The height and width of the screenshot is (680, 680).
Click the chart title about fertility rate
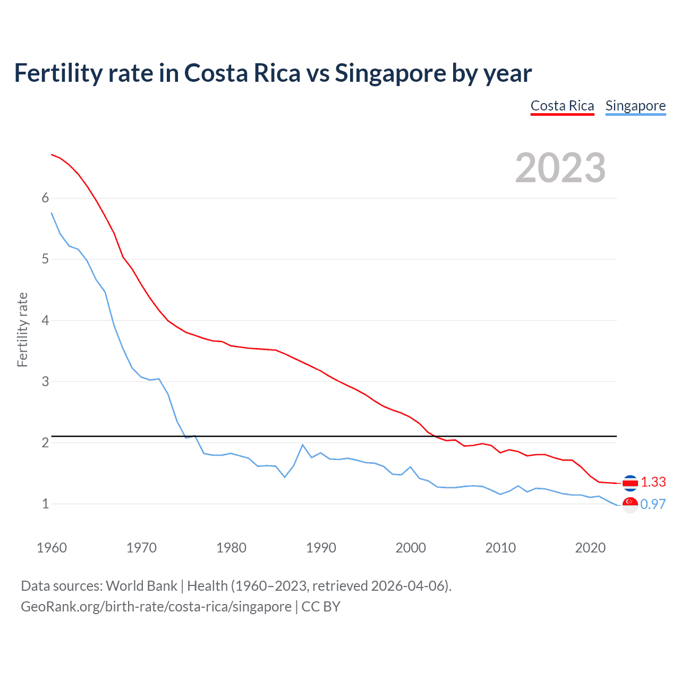coord(273,73)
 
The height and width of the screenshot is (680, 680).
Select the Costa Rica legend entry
coord(562,106)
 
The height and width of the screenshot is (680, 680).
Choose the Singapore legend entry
coord(635,106)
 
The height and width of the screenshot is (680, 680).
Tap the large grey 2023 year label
coord(560,168)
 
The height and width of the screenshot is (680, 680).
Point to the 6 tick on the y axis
coord(45,198)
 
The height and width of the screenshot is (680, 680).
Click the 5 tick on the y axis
coord(45,259)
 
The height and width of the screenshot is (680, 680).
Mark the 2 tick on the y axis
coord(45,443)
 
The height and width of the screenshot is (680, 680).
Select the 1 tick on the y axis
coord(45,504)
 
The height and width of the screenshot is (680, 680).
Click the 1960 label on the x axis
coord(52,548)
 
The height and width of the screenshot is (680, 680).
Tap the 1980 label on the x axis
coord(231,548)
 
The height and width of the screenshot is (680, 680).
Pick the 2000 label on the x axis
coord(411,548)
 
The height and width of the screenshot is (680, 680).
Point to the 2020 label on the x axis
coord(590,548)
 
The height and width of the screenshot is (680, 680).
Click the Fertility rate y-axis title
coord(22,329)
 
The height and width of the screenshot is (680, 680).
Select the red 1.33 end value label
coord(653,482)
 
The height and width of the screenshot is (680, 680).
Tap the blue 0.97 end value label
coord(653,504)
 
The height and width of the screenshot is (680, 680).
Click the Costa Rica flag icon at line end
coord(630,483)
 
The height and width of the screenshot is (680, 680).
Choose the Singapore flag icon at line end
coord(630,505)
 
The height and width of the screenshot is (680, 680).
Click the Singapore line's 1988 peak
coord(303,445)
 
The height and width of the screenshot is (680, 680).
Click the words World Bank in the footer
coord(141,585)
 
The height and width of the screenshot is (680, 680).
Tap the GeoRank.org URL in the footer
coord(156,606)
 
